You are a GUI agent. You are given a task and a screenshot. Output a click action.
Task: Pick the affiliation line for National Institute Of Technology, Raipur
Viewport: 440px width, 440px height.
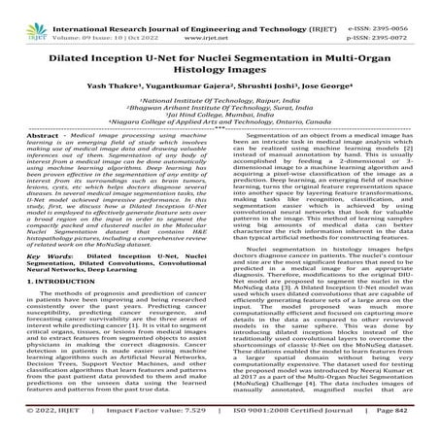click(x=220, y=106)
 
